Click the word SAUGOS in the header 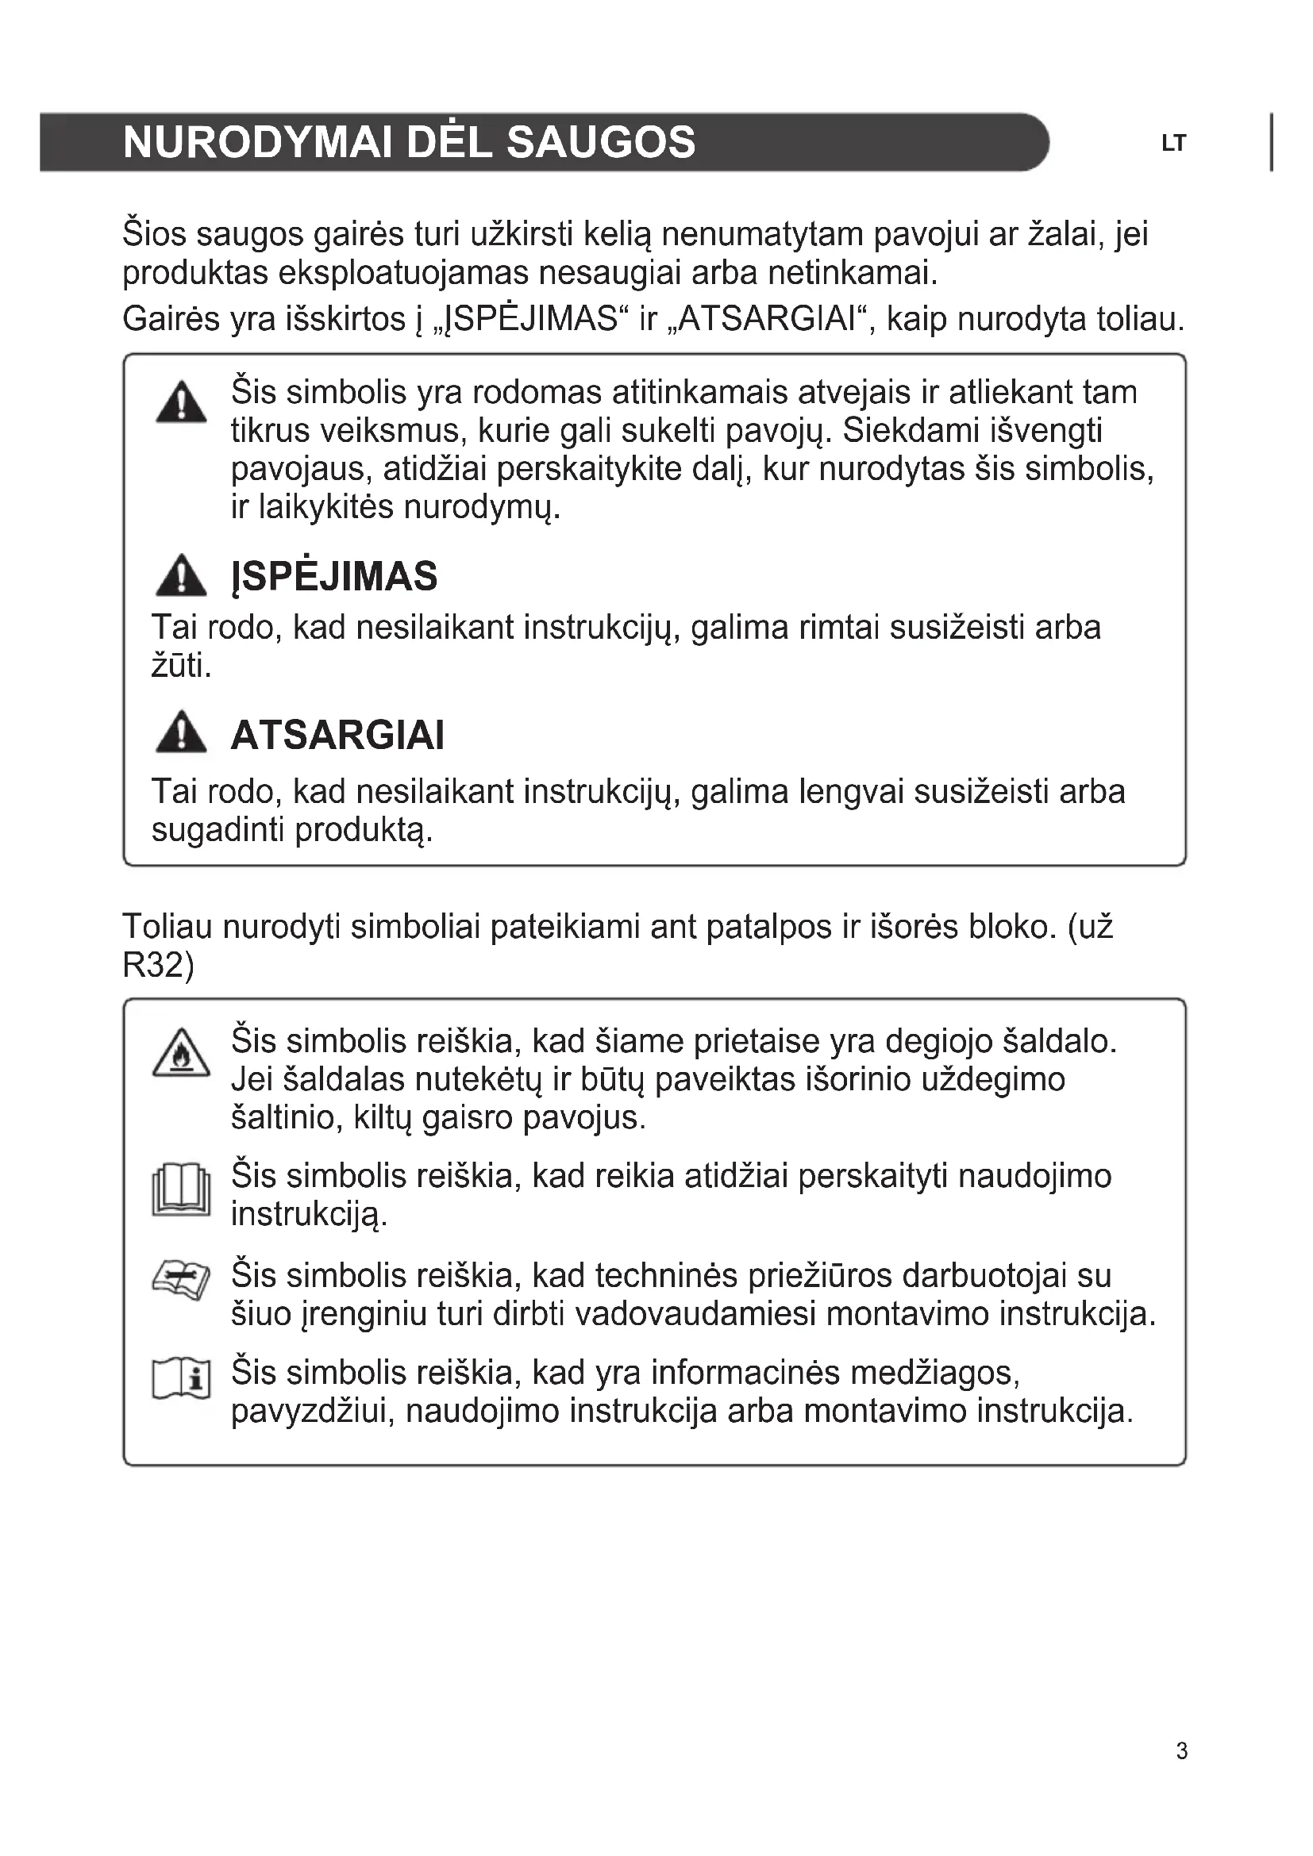pos(600,142)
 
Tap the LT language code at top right pos(1173,144)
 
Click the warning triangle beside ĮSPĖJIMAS pos(181,575)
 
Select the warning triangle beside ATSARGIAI pos(181,732)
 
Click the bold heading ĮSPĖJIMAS pos(334,577)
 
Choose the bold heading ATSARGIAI pos(337,736)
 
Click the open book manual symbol pos(181,1190)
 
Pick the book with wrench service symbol pos(181,1281)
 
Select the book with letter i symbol pos(181,1379)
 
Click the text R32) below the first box pos(159,965)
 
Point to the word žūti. pos(181,666)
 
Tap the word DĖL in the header pos(449,142)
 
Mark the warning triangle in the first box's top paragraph pos(181,402)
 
